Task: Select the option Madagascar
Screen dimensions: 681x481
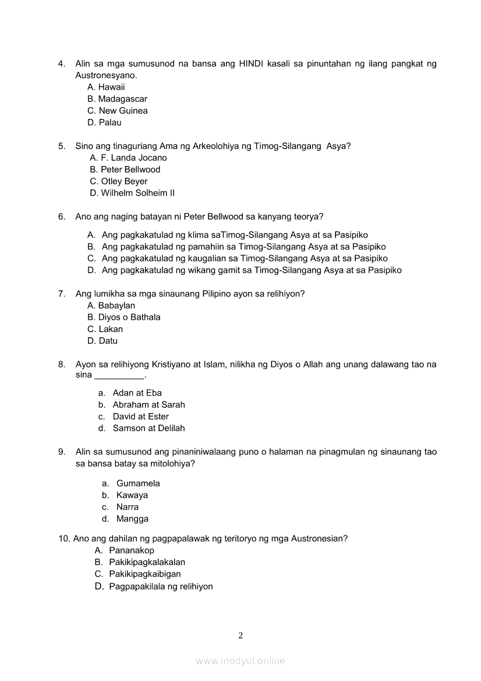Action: (122, 99)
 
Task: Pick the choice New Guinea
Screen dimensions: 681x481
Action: (123, 111)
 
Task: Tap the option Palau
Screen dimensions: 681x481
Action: (110, 123)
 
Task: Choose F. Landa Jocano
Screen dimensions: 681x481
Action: (133, 158)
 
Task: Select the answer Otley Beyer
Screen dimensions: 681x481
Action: (124, 181)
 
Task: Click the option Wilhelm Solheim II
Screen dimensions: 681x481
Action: (137, 193)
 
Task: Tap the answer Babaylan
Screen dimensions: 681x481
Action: (116, 306)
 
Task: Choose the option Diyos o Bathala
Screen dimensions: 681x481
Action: (129, 317)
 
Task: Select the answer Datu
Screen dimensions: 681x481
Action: (108, 341)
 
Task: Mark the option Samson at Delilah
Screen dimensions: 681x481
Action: (148, 428)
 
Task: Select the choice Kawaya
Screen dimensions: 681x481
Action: (132, 495)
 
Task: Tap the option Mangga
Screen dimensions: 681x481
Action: (132, 519)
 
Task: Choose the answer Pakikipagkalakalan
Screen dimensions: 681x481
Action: (147, 562)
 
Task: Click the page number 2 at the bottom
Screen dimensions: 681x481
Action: (240, 636)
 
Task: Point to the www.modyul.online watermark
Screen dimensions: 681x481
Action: (240, 661)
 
